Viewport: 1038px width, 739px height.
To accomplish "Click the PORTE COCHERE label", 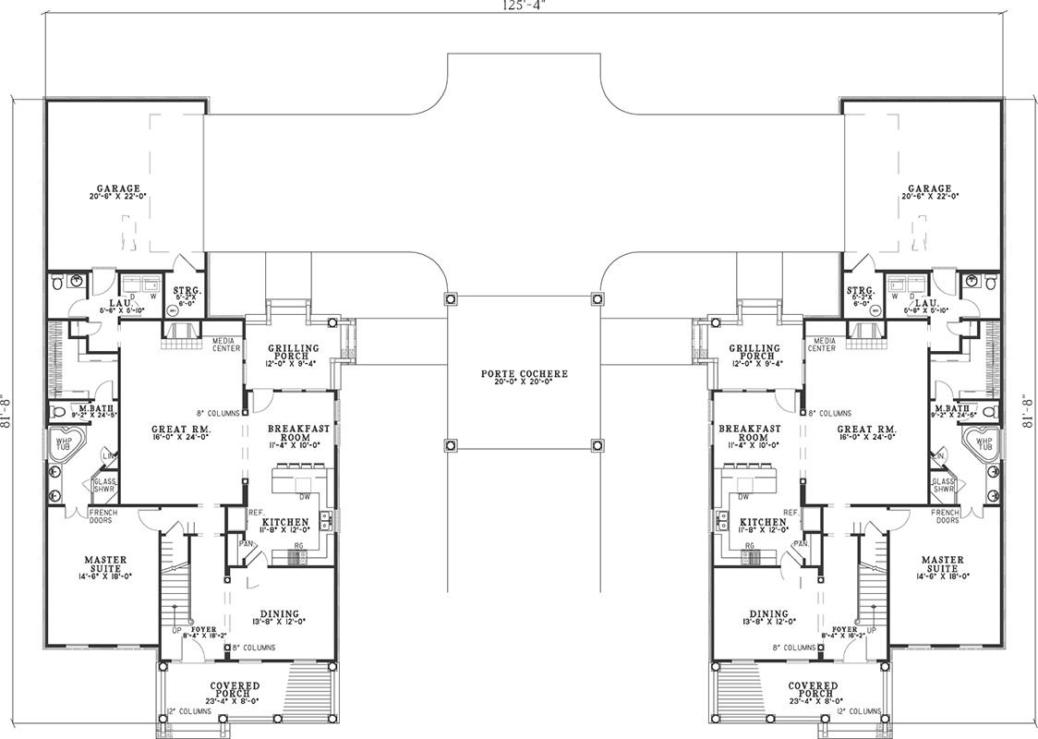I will [x=524, y=373].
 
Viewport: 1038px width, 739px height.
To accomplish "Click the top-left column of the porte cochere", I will [x=450, y=299].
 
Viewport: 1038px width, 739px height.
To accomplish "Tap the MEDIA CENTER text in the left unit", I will [x=226, y=344].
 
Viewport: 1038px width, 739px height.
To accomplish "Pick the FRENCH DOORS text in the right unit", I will [x=946, y=515].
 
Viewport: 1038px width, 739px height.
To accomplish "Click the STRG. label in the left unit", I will [x=187, y=291].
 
